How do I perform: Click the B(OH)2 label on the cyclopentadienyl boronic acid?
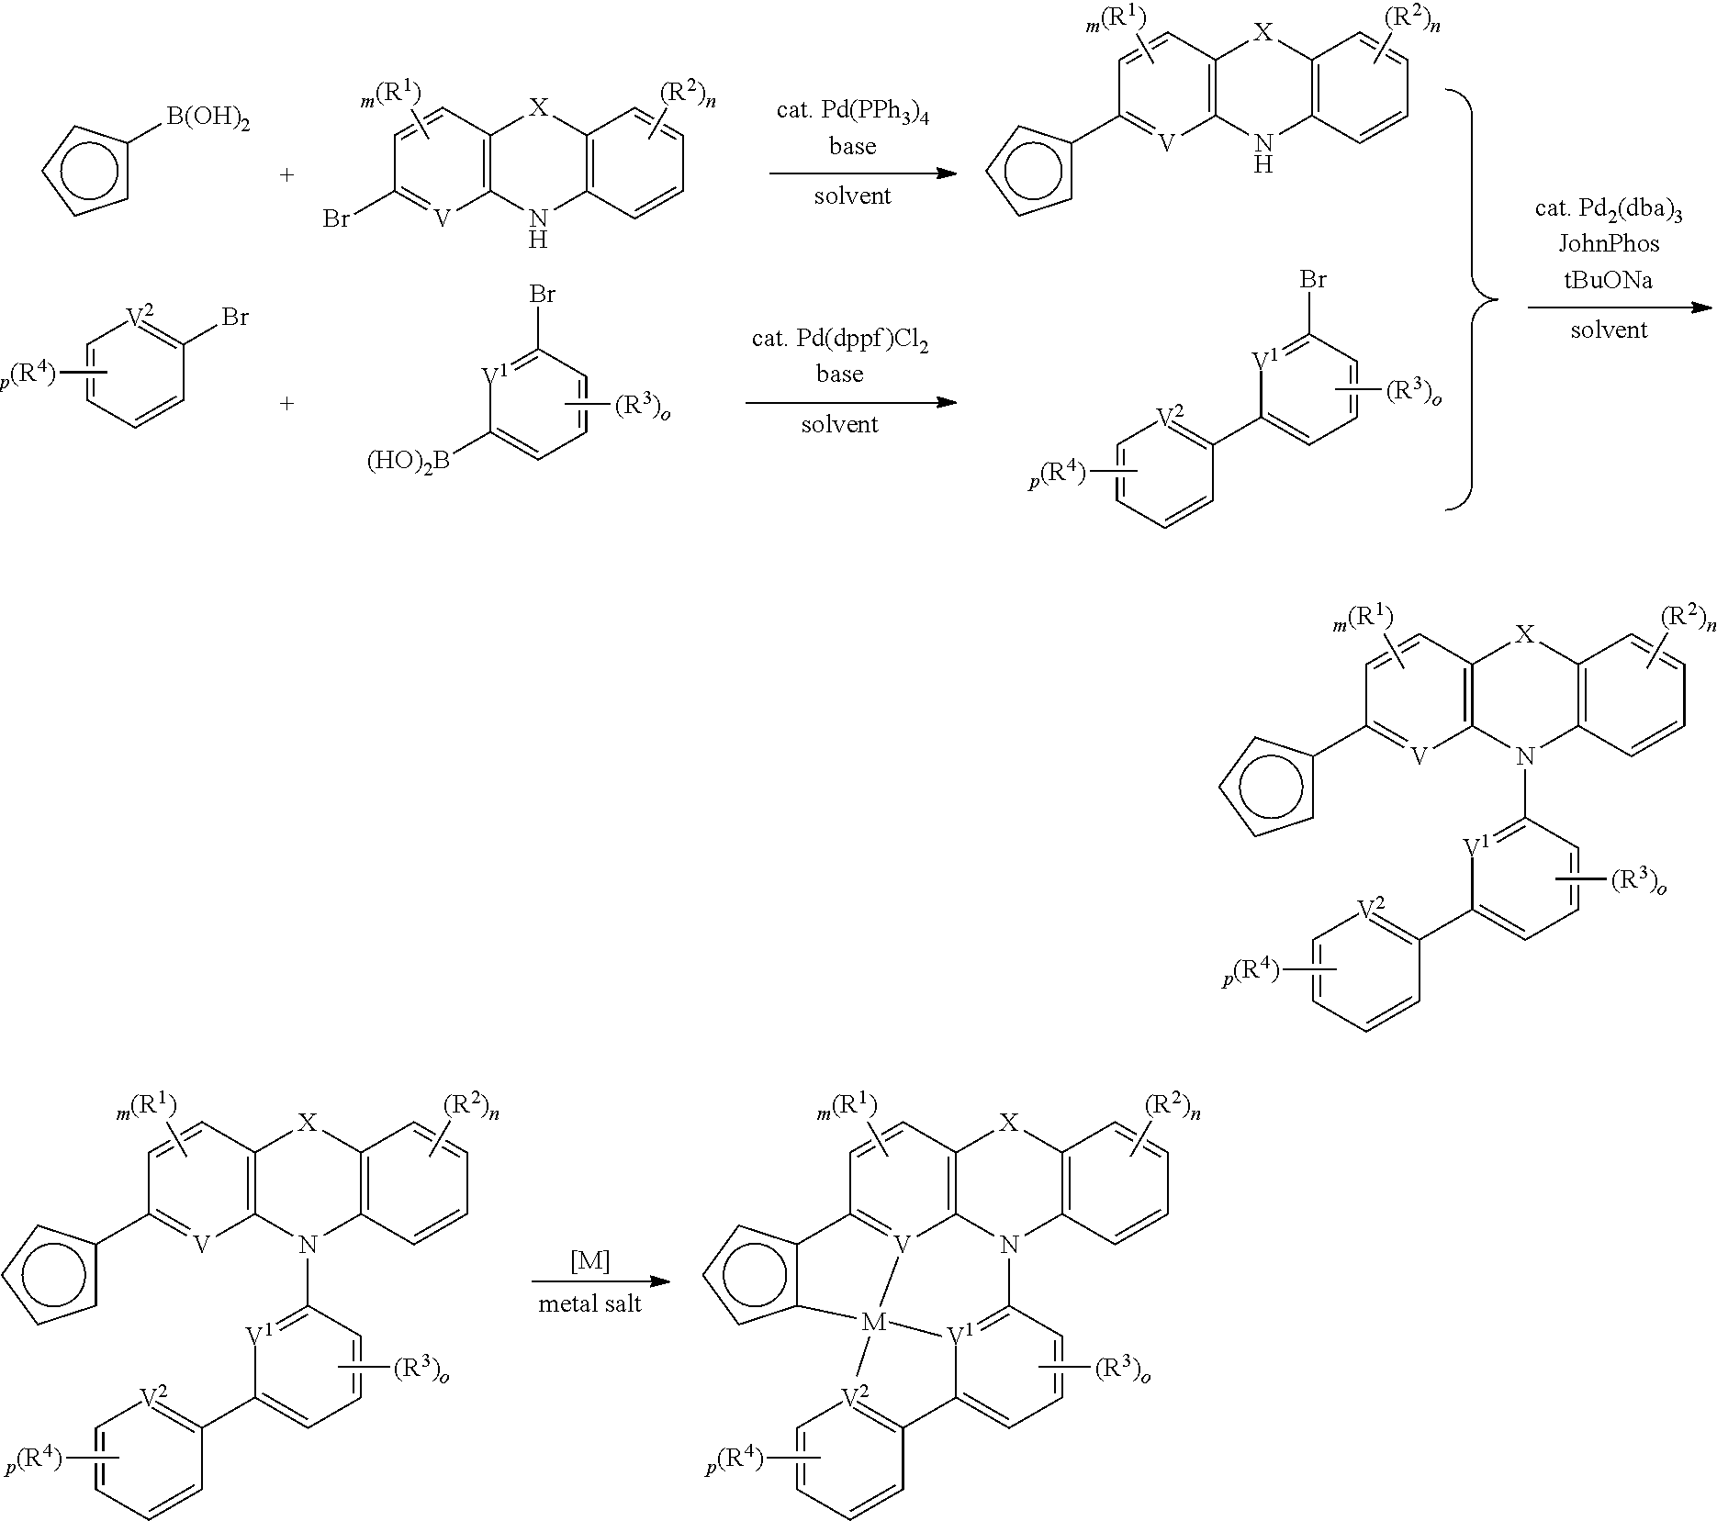tap(208, 118)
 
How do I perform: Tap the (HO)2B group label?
tap(409, 461)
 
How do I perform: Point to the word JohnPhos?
tap(1609, 243)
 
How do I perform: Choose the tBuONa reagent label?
tap(1609, 280)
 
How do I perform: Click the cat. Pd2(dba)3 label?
tap(1609, 208)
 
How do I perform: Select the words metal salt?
tap(589, 1303)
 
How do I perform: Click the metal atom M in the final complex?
tap(873, 1322)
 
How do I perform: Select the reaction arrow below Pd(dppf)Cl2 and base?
tap(851, 402)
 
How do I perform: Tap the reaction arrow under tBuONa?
tap(1621, 308)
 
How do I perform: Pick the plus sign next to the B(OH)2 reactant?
tap(288, 173)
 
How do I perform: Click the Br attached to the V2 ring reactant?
tap(235, 319)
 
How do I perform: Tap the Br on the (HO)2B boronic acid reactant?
tap(542, 296)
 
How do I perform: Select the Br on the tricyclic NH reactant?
tap(338, 219)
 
